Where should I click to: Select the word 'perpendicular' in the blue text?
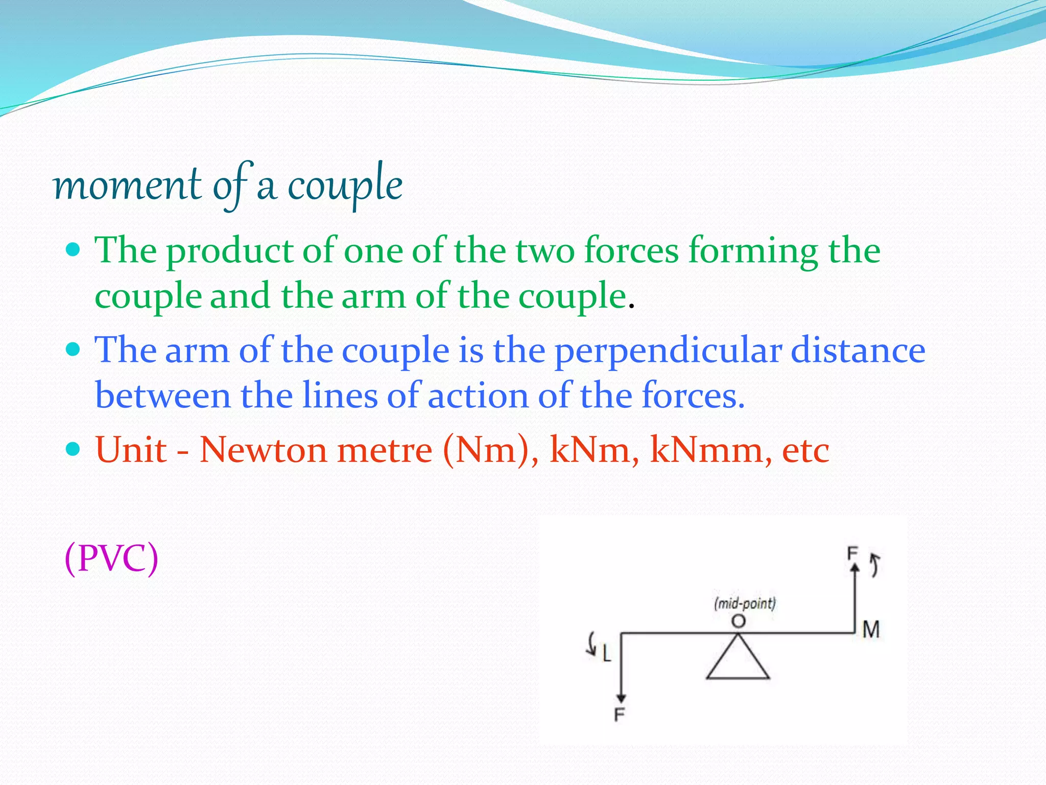coord(668,352)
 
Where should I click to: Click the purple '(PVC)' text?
coord(111,558)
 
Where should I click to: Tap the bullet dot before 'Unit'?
coord(74,449)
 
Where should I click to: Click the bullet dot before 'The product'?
coord(74,249)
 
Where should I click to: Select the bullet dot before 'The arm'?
coord(74,350)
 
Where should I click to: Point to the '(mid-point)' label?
coord(745,604)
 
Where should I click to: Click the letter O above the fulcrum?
coord(739,621)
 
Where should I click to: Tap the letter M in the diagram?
coord(871,630)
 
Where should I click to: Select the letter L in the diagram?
coord(606,653)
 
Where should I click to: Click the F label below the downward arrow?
coord(620,714)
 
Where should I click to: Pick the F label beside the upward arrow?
coord(852,553)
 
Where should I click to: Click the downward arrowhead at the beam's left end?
coord(621,698)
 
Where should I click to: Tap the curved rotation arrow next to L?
coord(592,643)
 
